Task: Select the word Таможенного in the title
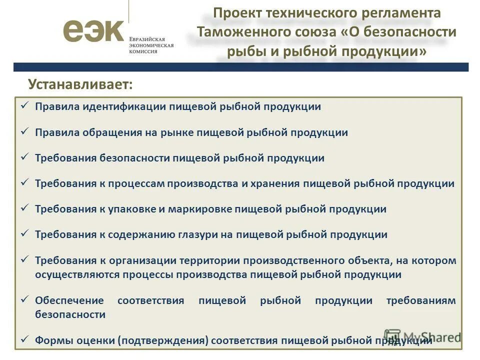pyautogui.click(x=242, y=32)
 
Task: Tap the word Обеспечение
pyautogui.click(x=69, y=300)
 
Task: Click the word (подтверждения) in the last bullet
pyautogui.click(x=163, y=340)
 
